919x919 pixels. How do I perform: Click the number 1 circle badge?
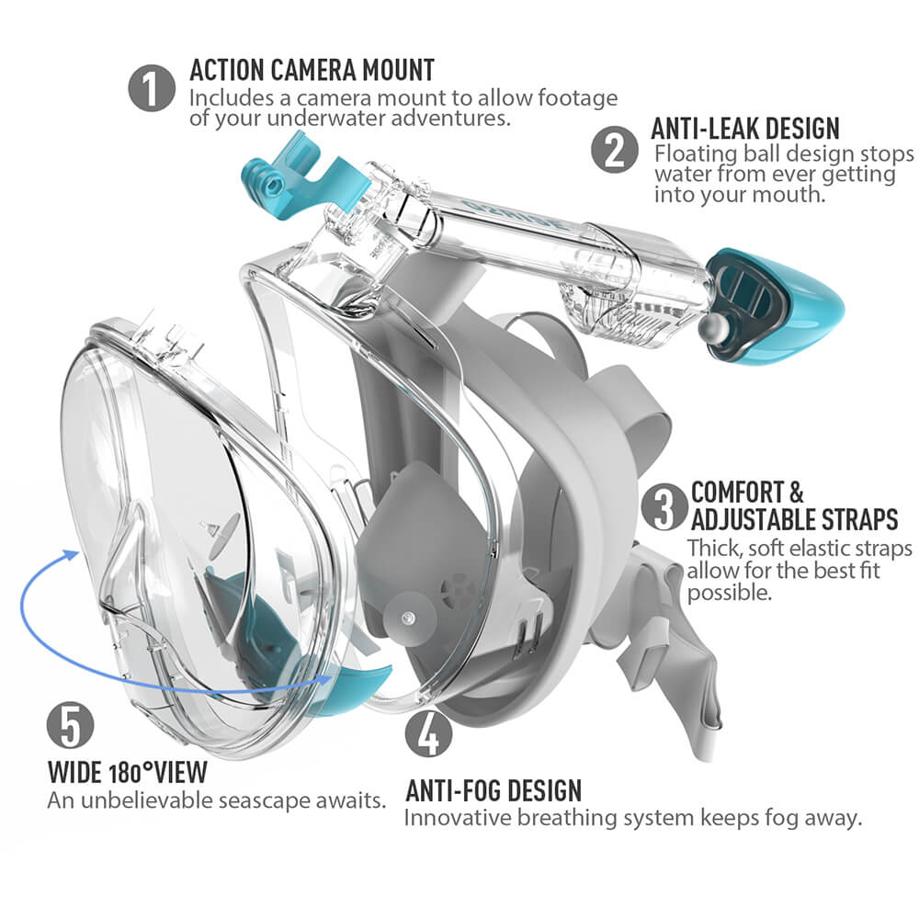(x=152, y=89)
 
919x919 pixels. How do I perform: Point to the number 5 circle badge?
(x=71, y=726)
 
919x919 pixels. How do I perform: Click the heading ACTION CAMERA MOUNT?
(x=312, y=70)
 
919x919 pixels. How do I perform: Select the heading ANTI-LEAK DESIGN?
(x=745, y=128)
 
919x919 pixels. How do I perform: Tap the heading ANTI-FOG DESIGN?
(x=494, y=789)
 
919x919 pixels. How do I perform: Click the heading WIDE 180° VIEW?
(x=128, y=770)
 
